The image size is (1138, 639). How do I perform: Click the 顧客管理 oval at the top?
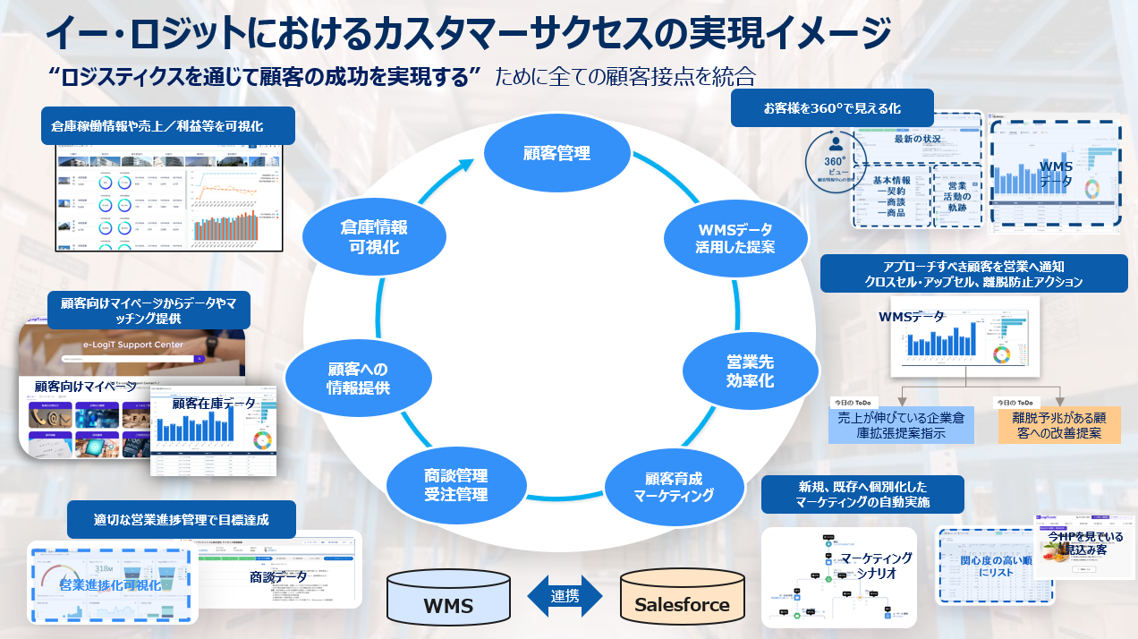(556, 153)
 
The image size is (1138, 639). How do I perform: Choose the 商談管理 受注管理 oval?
(455, 485)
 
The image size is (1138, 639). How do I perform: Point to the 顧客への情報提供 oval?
(357, 379)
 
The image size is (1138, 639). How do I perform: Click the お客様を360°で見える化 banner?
(831, 108)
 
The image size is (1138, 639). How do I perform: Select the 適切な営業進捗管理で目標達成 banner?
(181, 520)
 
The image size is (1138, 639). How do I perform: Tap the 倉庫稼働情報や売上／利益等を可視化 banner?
(168, 126)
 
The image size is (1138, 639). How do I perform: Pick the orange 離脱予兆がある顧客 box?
(1059, 425)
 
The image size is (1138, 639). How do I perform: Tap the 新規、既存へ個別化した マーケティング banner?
(862, 494)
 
